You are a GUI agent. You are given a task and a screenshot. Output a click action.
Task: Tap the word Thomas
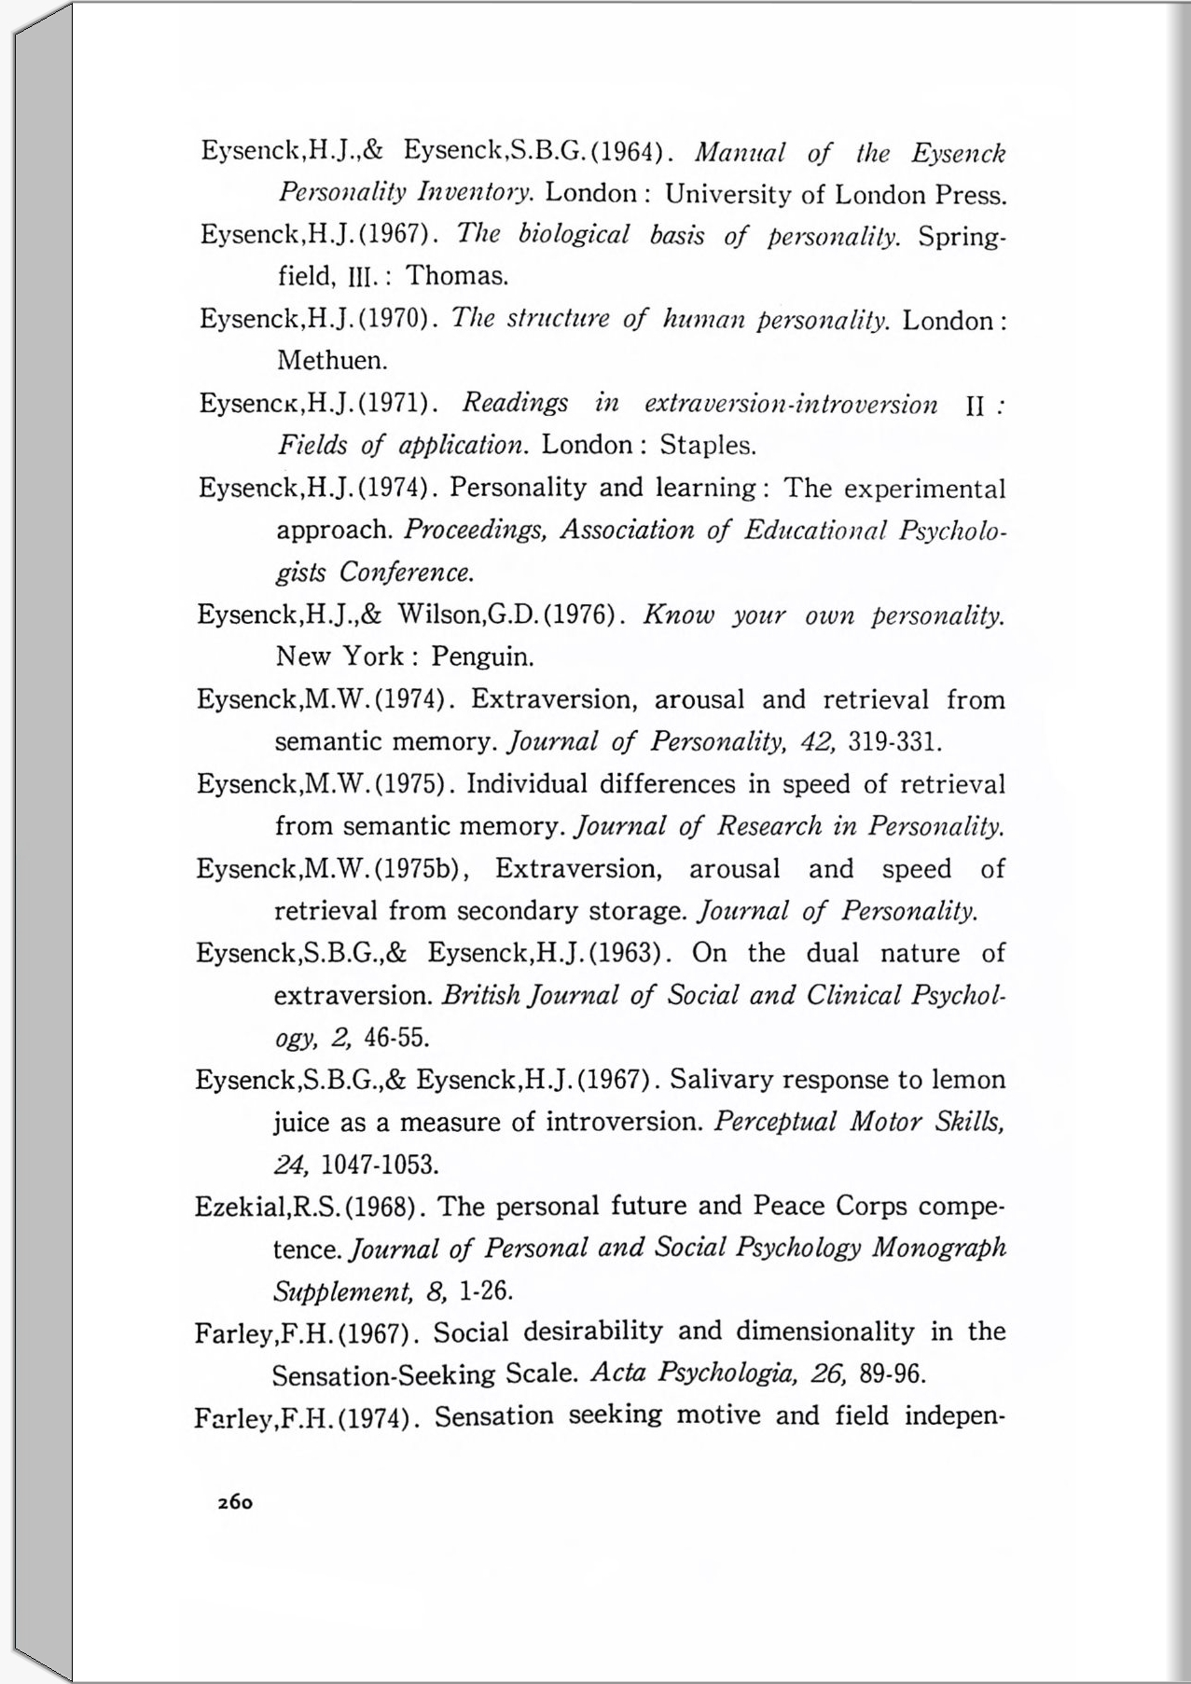pyautogui.click(x=457, y=276)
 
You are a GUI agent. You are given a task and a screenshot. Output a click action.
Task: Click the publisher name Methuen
pyautogui.click(x=332, y=360)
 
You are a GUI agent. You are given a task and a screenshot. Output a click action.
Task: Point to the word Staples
pyautogui.click(x=707, y=445)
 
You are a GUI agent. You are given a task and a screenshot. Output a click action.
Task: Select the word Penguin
pyautogui.click(x=482, y=657)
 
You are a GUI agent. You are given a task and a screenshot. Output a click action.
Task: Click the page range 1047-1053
pyautogui.click(x=380, y=1165)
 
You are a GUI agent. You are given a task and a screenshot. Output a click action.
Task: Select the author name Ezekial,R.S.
pyautogui.click(x=269, y=1208)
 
